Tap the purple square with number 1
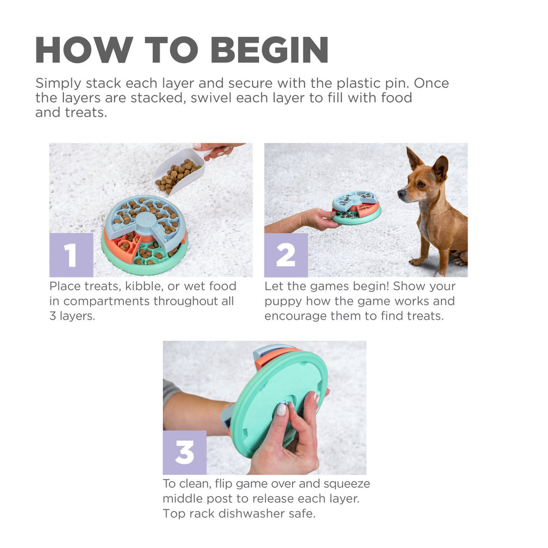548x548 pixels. click(x=71, y=255)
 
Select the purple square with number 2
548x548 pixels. click(x=286, y=255)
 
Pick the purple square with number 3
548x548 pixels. click(x=184, y=452)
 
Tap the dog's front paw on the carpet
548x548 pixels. click(x=416, y=262)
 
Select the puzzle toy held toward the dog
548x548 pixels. click(x=356, y=208)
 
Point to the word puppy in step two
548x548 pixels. click(x=283, y=301)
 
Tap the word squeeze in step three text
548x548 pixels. click(x=347, y=484)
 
